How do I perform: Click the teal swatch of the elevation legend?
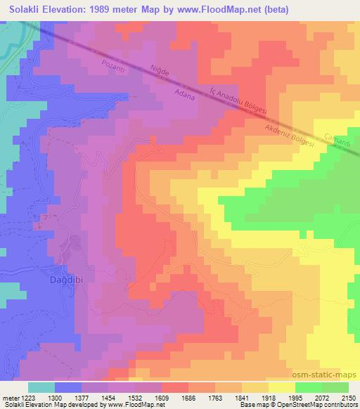41,387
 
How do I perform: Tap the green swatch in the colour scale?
321,387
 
